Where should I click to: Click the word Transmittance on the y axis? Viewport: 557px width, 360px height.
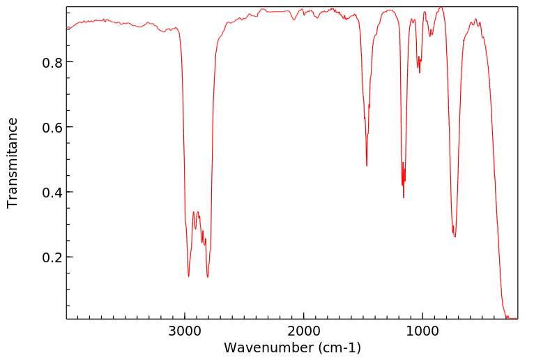[x=13, y=163]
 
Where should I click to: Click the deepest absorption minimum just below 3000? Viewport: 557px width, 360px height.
[x=188, y=276]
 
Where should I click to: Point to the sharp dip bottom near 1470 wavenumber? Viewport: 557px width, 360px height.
[x=367, y=166]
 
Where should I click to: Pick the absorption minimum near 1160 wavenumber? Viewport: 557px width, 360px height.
[x=404, y=197]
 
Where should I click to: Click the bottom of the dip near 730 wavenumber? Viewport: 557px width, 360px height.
[x=455, y=237]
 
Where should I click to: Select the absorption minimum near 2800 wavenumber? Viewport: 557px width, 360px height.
[x=207, y=277]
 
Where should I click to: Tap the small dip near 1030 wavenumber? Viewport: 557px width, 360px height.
[x=420, y=73]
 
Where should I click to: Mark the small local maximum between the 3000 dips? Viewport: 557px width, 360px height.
[x=194, y=211]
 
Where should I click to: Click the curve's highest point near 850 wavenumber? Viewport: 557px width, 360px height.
[x=441, y=8]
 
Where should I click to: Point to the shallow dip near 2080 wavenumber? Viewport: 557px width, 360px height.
[x=294, y=20]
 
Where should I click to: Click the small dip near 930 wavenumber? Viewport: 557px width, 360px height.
[x=431, y=36]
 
